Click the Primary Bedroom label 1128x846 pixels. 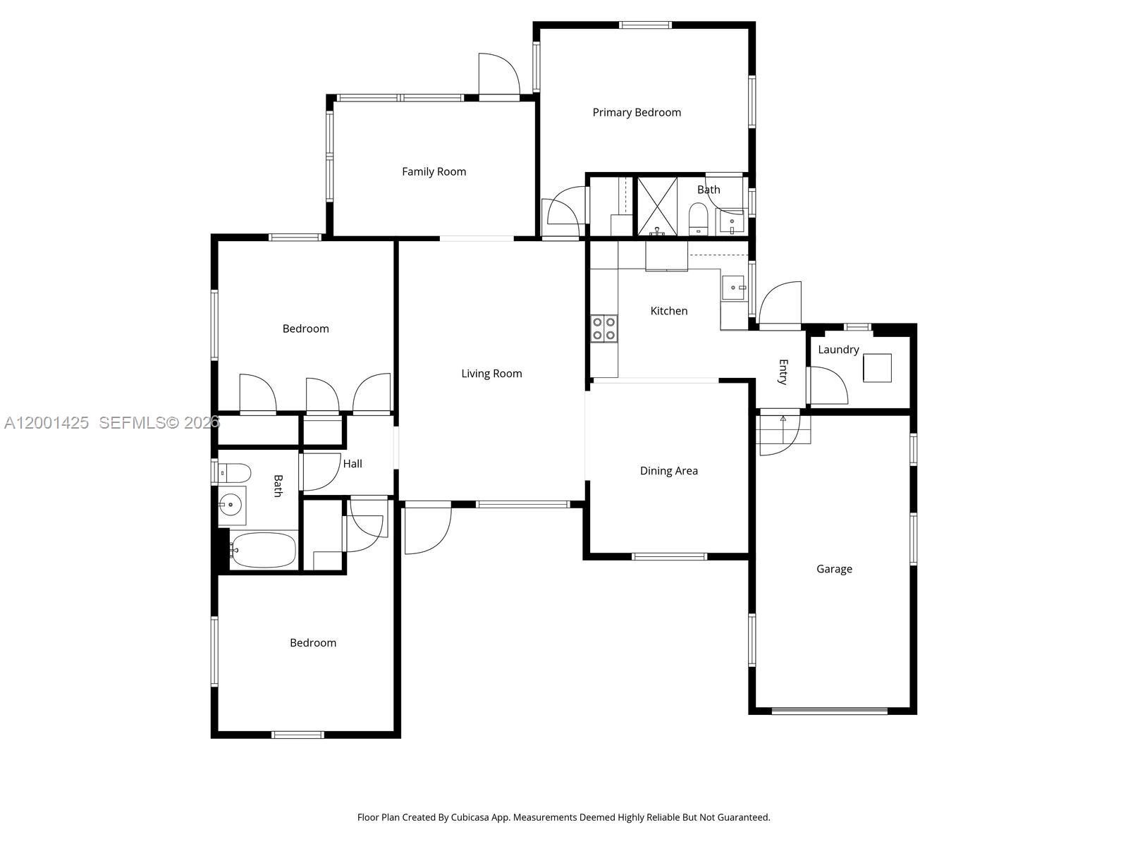click(637, 112)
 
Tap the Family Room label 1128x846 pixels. click(434, 171)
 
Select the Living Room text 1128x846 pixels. click(491, 374)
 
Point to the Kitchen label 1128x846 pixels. click(668, 311)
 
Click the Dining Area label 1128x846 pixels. click(668, 471)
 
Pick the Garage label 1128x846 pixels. click(834, 569)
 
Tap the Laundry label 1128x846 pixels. click(838, 350)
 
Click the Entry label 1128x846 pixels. click(783, 372)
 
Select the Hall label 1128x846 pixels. click(352, 464)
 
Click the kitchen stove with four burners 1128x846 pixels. click(604, 328)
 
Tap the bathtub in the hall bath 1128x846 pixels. click(263, 550)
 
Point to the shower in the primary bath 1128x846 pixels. click(657, 206)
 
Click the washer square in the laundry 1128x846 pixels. click(877, 367)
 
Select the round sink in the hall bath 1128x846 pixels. click(231, 504)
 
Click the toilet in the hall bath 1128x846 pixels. click(235, 472)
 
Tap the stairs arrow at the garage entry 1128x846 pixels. click(783, 419)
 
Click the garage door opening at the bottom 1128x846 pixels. click(829, 711)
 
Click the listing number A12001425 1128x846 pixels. click(47, 423)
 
